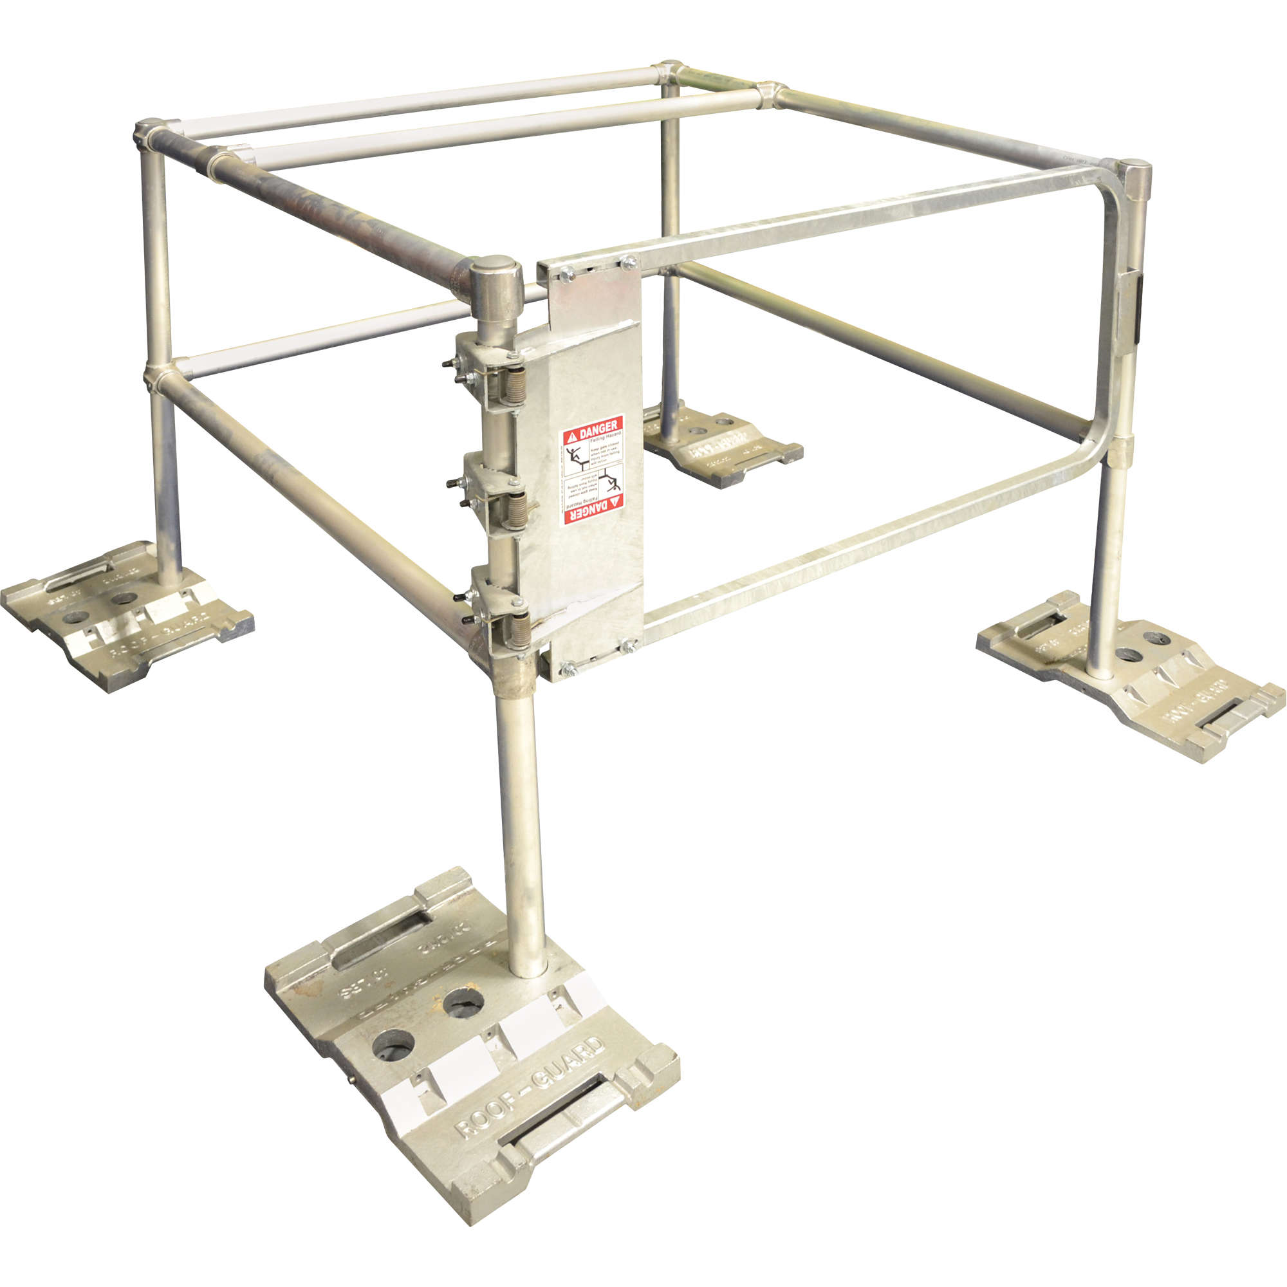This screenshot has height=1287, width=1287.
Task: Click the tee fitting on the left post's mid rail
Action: coord(158,375)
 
